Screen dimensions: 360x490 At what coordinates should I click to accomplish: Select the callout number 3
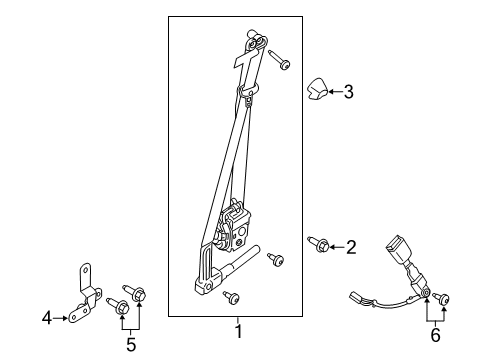click(x=348, y=93)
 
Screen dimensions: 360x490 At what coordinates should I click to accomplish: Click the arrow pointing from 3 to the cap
click(x=334, y=93)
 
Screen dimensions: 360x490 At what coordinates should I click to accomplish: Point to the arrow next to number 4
click(x=60, y=319)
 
